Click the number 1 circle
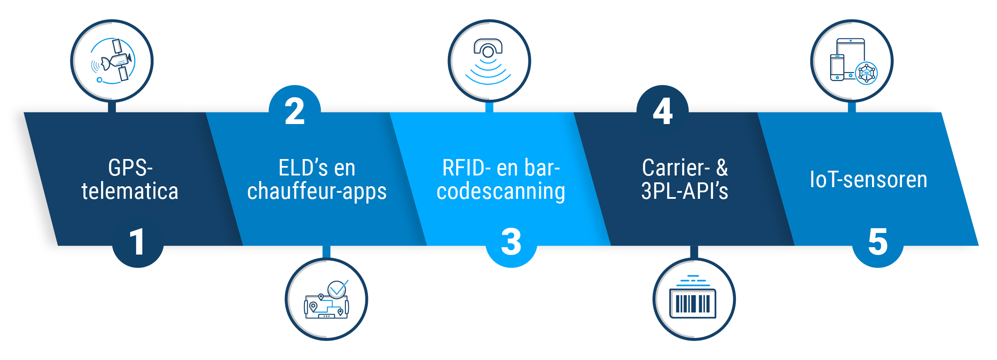[137, 242]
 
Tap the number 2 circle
[295, 111]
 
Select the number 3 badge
[511, 242]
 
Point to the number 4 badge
[662, 111]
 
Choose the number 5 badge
[878, 242]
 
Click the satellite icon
[112, 61]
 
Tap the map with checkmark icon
[326, 299]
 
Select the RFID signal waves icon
[489, 61]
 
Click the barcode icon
[693, 299]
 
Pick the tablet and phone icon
[852, 61]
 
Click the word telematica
[130, 191]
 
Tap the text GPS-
[130, 168]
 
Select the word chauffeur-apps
[316, 191]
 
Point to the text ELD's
[298, 168]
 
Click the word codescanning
[501, 191]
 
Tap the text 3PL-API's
[684, 191]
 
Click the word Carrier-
[676, 168]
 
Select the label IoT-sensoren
[868, 179]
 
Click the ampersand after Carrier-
[722, 168]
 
